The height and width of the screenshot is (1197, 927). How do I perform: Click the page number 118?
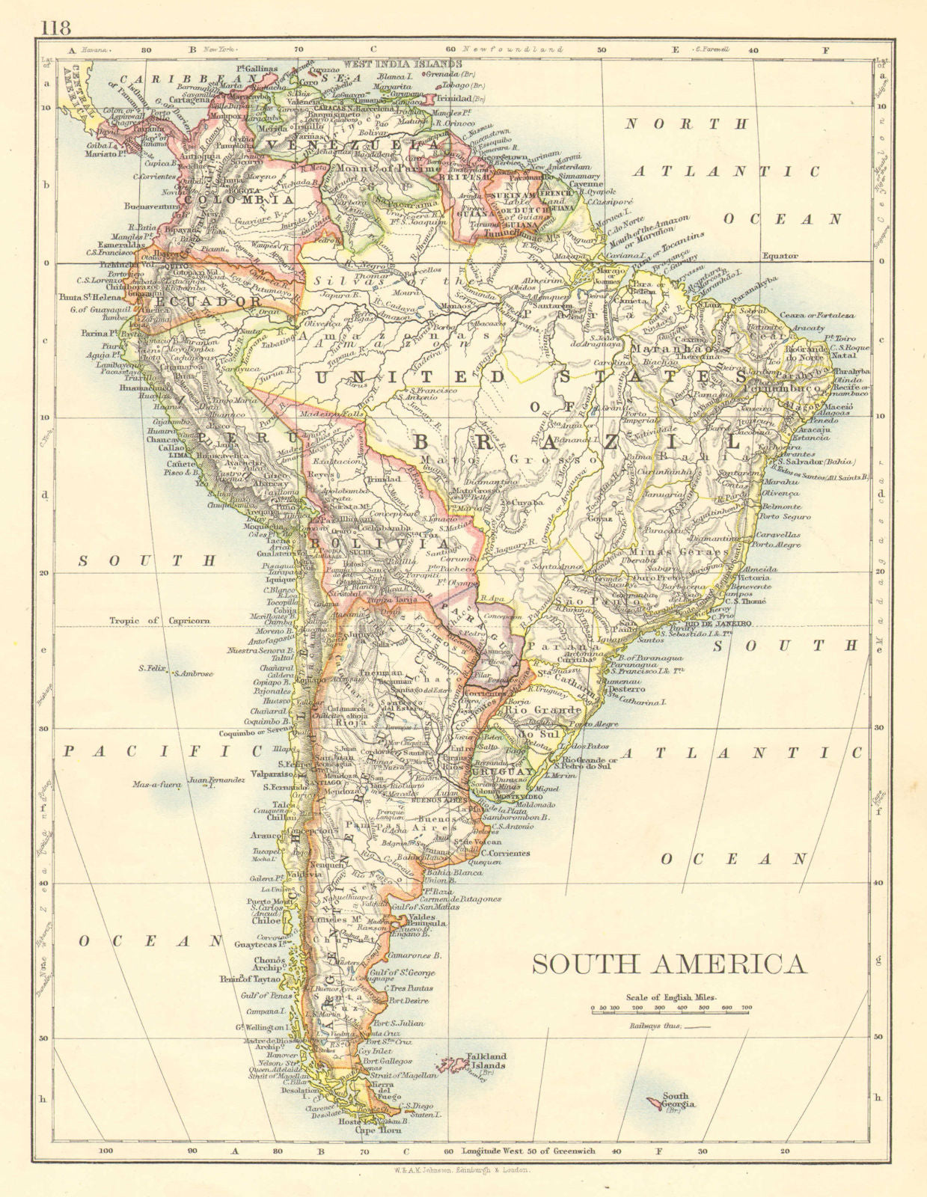(x=55, y=28)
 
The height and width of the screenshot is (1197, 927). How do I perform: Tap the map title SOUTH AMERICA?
(x=669, y=964)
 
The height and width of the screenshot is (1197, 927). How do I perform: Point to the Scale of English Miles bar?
(x=670, y=1009)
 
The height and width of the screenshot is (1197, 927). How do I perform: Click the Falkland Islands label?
(x=486, y=1062)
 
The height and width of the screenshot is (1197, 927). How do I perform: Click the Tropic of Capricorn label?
(x=159, y=620)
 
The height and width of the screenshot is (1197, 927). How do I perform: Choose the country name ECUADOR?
(x=204, y=301)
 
